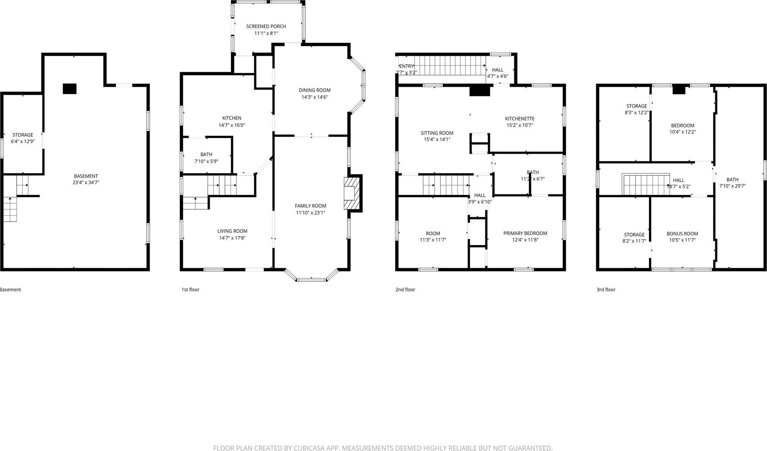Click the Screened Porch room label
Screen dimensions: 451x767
266,26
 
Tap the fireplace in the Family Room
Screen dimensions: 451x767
352,193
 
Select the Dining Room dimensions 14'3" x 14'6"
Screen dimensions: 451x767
314,97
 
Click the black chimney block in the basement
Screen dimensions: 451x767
70,89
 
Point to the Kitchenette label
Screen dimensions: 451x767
520,119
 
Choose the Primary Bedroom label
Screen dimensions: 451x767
525,233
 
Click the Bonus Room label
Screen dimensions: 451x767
682,233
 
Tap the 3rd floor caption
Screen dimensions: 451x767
606,289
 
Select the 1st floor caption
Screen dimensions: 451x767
190,289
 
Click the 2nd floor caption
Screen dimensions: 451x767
405,289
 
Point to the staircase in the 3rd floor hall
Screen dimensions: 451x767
646,185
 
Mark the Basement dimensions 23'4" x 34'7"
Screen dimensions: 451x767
86,183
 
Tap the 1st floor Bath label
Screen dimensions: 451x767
206,154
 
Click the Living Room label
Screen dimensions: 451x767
232,231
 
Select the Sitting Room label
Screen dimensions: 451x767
437,133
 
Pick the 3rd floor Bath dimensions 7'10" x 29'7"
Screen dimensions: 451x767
732,186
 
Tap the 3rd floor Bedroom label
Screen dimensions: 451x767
682,125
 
